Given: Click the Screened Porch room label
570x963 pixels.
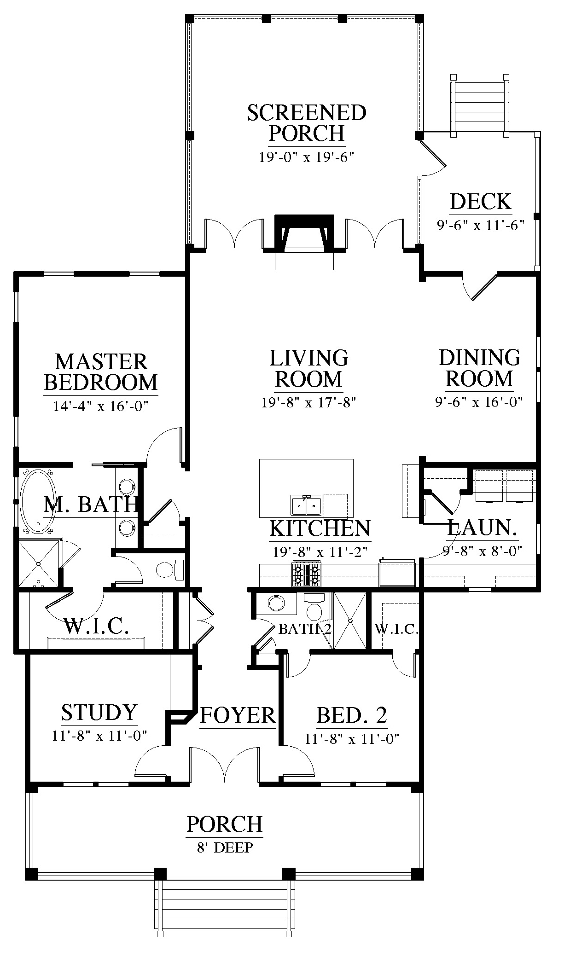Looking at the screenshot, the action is coord(307,123).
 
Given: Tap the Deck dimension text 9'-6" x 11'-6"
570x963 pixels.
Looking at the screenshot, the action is coord(481,226).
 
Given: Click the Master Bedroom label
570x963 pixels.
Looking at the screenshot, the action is coord(101,372).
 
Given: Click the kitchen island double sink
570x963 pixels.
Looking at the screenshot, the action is coord(306,505).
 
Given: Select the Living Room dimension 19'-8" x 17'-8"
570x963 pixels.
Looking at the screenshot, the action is coord(309,403).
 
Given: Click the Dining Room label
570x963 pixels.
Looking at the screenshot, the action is coord(479,368).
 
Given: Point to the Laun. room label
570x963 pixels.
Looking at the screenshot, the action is coord(482,528).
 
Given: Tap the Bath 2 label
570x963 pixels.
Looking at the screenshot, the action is coord(305,629).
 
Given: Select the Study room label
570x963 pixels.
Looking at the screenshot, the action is coord(99,712).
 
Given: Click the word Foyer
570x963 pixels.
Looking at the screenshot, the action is coord(238,715).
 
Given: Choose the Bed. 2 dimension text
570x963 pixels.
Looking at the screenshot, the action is coord(351,739).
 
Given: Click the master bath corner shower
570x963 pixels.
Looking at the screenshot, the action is coord(39,563).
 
